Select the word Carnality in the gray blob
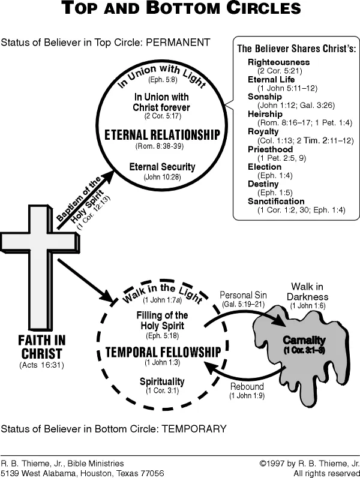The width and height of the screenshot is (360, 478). point(304,341)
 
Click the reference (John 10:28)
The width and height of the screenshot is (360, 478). point(161,178)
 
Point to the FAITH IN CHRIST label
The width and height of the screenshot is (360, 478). point(41,347)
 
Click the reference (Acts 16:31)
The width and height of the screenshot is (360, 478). point(41,365)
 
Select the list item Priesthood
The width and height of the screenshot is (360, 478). point(270,149)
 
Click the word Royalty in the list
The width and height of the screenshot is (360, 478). point(263,131)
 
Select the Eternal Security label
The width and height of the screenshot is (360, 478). point(161,167)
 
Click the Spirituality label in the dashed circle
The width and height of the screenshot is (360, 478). point(162,381)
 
